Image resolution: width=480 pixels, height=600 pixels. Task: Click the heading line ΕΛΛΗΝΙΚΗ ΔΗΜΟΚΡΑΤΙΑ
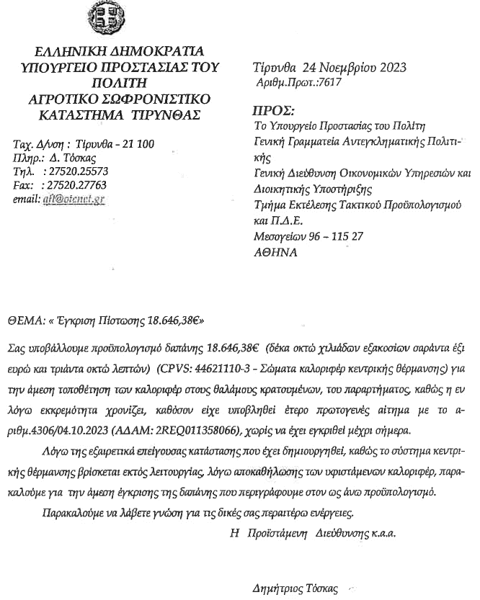[x=120, y=51]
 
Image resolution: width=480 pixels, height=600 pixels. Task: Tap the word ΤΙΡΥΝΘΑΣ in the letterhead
[x=166, y=115]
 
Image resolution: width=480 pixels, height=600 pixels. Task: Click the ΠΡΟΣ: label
[x=273, y=111]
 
